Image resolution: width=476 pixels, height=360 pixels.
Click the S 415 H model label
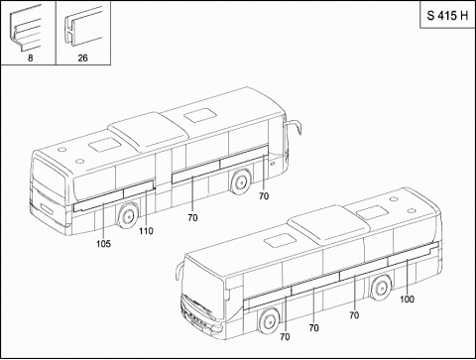click(447, 16)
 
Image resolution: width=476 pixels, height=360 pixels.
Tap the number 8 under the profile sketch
click(30, 59)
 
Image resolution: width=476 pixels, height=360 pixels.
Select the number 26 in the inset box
click(82, 59)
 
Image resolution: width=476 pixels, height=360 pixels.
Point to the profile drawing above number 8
click(26, 29)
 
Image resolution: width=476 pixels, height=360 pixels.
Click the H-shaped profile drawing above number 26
click(82, 27)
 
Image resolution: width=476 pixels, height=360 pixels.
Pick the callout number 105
click(103, 244)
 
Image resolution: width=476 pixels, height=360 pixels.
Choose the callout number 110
click(146, 231)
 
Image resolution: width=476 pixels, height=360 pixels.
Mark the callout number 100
click(407, 300)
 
